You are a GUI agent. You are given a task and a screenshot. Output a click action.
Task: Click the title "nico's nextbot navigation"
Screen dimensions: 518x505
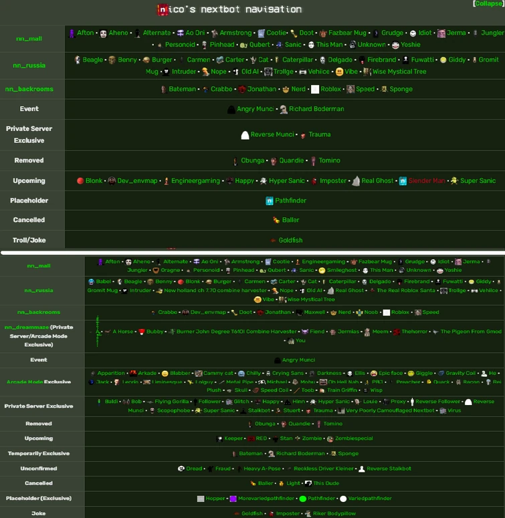pos(230,9)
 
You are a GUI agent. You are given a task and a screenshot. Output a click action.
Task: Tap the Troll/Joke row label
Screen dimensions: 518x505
pos(29,240)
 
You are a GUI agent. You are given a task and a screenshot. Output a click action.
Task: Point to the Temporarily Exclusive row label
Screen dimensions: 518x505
pos(38,453)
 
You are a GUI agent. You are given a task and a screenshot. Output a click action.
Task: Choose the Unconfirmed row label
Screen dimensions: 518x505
pos(38,469)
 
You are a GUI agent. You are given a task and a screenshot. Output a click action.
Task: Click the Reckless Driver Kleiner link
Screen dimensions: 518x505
pos(324,469)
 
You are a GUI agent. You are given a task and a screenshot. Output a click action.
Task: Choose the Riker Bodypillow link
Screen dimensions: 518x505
pos(335,513)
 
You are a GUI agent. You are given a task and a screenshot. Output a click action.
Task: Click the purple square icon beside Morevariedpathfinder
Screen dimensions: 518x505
pos(233,499)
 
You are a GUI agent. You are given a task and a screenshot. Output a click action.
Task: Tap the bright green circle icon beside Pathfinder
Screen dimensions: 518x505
pos(303,499)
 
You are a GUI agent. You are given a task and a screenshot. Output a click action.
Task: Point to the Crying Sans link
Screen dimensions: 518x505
pos(288,373)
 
